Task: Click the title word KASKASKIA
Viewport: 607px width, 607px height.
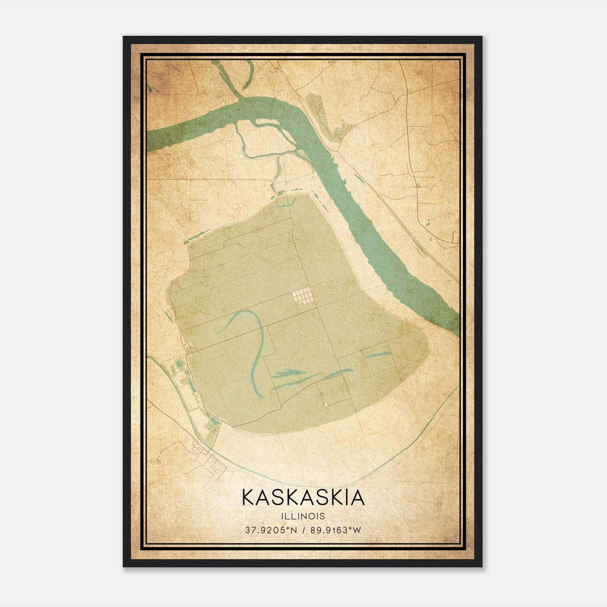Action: (x=303, y=498)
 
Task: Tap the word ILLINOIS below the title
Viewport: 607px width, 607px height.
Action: (x=303, y=516)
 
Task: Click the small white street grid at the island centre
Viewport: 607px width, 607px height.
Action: (x=303, y=296)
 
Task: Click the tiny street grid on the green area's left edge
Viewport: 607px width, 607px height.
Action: (x=187, y=348)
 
